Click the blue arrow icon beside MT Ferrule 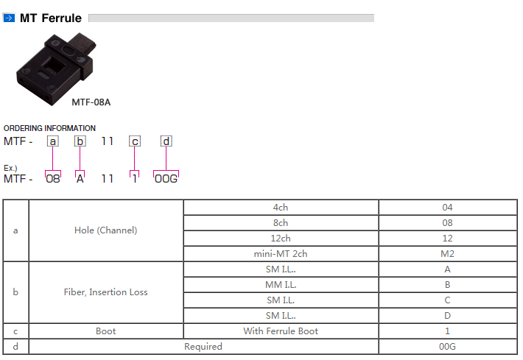[9, 18]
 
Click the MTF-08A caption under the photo [91, 102]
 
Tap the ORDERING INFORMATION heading [49, 128]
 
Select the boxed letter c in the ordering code [135, 141]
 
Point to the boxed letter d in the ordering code [166, 141]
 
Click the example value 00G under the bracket [166, 179]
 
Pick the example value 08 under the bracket [53, 179]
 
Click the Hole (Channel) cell [106, 230]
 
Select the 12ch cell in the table [281, 239]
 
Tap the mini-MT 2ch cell [281, 254]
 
